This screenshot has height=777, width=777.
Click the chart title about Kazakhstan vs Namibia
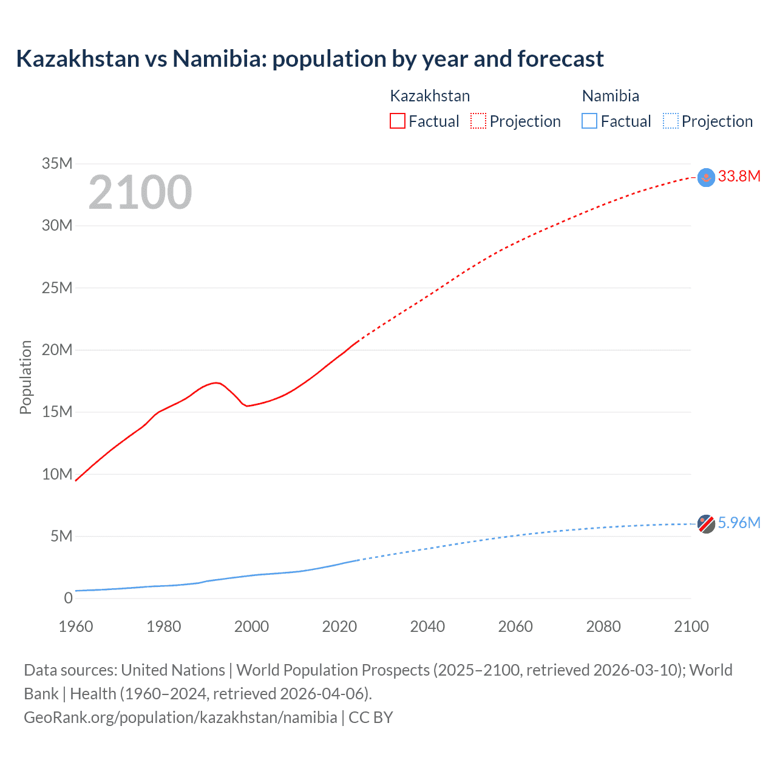pyautogui.click(x=310, y=59)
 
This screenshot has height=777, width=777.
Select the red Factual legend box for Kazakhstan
pyautogui.click(x=397, y=121)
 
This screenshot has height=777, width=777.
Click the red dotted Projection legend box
pyautogui.click(x=478, y=121)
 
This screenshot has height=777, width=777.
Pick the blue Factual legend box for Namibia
pyautogui.click(x=589, y=121)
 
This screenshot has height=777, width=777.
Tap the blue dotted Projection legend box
pyautogui.click(x=671, y=121)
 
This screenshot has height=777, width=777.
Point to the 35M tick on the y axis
pyautogui.click(x=57, y=163)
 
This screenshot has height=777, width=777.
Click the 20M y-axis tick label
pyautogui.click(x=57, y=350)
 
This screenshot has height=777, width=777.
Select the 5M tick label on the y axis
pyautogui.click(x=61, y=536)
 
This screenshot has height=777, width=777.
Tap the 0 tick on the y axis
pyautogui.click(x=68, y=598)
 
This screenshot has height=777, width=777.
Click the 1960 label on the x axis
pyautogui.click(x=76, y=626)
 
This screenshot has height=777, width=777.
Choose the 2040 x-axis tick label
pyautogui.click(x=427, y=626)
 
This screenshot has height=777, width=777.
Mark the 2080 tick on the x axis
pyautogui.click(x=603, y=626)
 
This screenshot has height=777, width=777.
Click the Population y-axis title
pyautogui.click(x=25, y=377)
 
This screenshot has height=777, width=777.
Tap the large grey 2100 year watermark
pyautogui.click(x=140, y=192)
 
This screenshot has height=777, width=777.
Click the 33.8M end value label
pyautogui.click(x=739, y=177)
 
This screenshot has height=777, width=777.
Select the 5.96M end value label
pyautogui.click(x=739, y=523)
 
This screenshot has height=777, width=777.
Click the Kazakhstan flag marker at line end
pyautogui.click(x=706, y=177)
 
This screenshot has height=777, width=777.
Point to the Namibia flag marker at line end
pyautogui.click(x=706, y=524)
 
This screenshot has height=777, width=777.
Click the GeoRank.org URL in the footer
pyautogui.click(x=180, y=718)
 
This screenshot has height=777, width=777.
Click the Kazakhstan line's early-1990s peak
pyautogui.click(x=216, y=382)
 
